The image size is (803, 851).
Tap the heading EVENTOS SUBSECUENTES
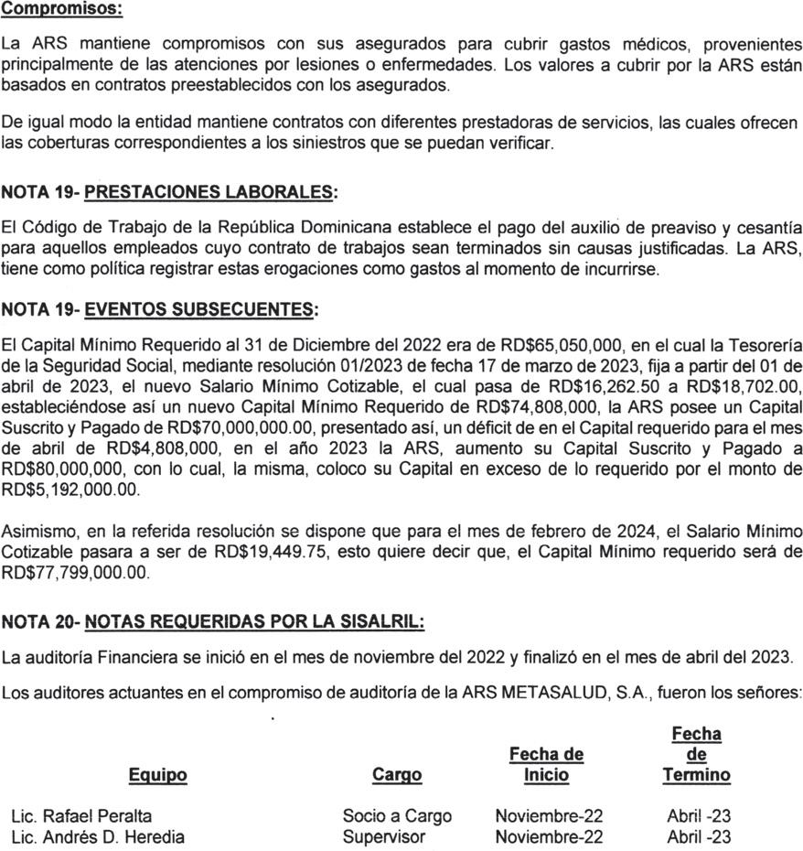coord(200,310)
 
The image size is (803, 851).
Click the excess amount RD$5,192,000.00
coord(72,490)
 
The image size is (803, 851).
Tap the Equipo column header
coord(157,776)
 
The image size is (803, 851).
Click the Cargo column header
coord(398,776)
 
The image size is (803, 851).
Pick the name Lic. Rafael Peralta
coord(81,815)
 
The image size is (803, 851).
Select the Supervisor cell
coord(384,836)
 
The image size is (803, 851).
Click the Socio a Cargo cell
coord(397,815)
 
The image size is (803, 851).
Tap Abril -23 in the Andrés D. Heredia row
coord(699,836)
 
